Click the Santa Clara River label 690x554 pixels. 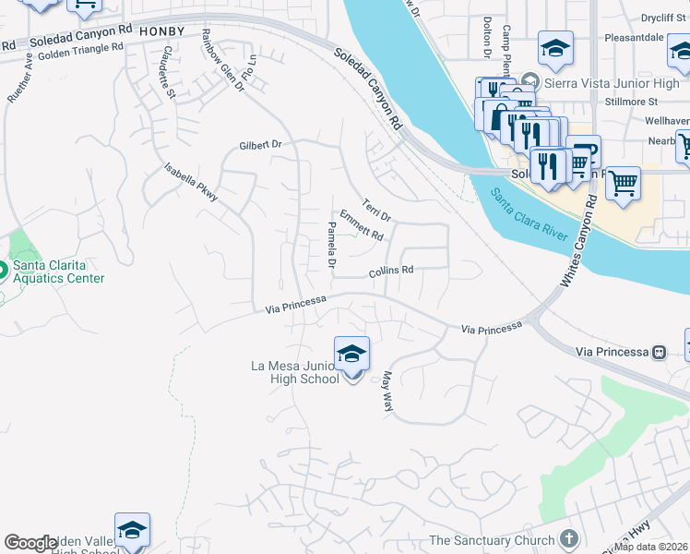529,211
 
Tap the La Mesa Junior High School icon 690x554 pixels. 351,355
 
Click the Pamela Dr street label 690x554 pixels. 331,246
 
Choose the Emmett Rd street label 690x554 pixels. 361,224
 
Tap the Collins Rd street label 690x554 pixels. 390,271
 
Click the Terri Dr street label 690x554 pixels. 376,210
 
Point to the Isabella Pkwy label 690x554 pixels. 191,182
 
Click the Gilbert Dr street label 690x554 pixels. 260,145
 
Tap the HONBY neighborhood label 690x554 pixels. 164,31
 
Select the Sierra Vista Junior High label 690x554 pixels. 606,82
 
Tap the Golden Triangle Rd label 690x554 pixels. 81,54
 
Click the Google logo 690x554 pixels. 30,543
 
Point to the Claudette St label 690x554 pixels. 167,72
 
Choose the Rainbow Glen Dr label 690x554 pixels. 222,61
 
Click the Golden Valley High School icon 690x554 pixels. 132,530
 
